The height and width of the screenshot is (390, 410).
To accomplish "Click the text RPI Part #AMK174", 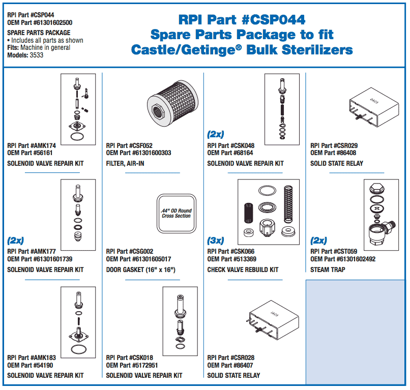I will tap(32, 145).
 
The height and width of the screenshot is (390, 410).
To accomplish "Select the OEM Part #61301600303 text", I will tap(138, 153).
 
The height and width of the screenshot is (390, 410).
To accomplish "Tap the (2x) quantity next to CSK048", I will tap(215, 135).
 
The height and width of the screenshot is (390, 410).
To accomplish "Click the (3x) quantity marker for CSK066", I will tap(215, 241).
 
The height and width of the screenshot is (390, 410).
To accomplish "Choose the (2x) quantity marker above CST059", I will tap(318, 241).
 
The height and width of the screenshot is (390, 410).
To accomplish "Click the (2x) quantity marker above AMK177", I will tap(15, 241).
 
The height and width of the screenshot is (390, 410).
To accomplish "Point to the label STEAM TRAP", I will tap(328, 269).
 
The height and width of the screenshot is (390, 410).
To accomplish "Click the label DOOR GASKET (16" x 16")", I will tap(140, 269).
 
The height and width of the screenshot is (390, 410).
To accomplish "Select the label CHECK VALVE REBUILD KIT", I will tap(243, 269).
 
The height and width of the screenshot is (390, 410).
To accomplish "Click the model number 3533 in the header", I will tap(37, 55).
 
